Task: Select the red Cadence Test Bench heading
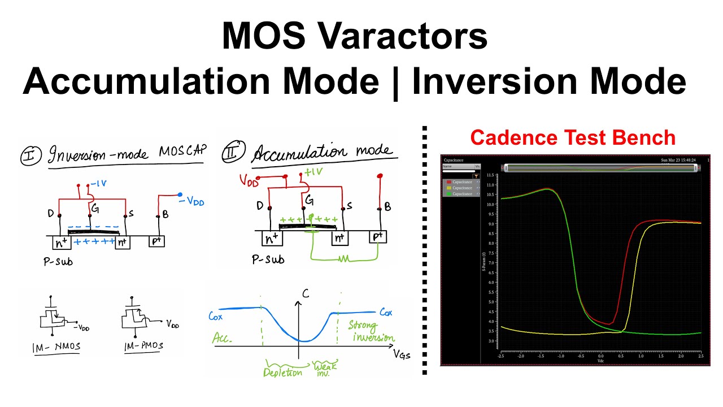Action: tap(573, 137)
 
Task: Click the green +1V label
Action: tap(315, 172)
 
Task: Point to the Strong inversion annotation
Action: tap(371, 332)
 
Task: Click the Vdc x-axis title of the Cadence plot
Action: tap(601, 360)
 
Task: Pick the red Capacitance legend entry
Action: tap(462, 182)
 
